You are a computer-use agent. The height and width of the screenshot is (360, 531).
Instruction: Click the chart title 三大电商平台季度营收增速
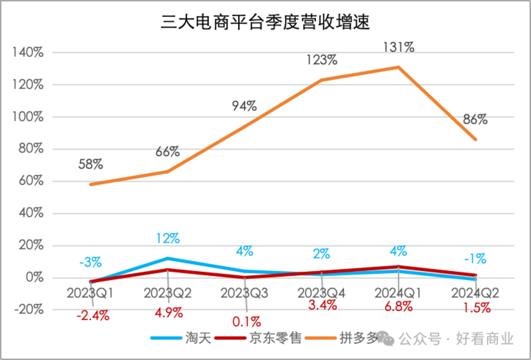click(x=265, y=22)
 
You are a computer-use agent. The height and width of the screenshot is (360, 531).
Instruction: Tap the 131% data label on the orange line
click(x=399, y=47)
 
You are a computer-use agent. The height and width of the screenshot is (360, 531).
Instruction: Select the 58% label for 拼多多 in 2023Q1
click(x=91, y=165)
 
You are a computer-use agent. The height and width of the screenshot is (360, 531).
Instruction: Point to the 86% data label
click(x=475, y=120)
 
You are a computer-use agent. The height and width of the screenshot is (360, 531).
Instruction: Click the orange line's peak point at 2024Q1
click(x=398, y=67)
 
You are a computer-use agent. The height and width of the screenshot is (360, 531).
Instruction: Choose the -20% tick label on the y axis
click(x=28, y=310)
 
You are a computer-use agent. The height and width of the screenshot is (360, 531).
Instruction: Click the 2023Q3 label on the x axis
click(x=244, y=293)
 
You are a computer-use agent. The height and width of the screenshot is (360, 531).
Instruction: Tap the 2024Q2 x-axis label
click(x=475, y=293)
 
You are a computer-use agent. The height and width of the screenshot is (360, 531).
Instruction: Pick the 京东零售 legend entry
click(x=258, y=338)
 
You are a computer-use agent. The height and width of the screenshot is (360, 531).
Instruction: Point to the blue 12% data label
click(x=168, y=239)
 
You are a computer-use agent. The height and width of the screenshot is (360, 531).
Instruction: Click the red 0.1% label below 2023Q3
click(x=247, y=322)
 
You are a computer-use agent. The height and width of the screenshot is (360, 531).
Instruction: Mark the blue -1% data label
click(x=475, y=259)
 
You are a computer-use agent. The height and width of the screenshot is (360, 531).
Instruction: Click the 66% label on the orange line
click(x=167, y=152)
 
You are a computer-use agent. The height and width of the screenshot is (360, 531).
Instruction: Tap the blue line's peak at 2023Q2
click(x=168, y=258)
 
